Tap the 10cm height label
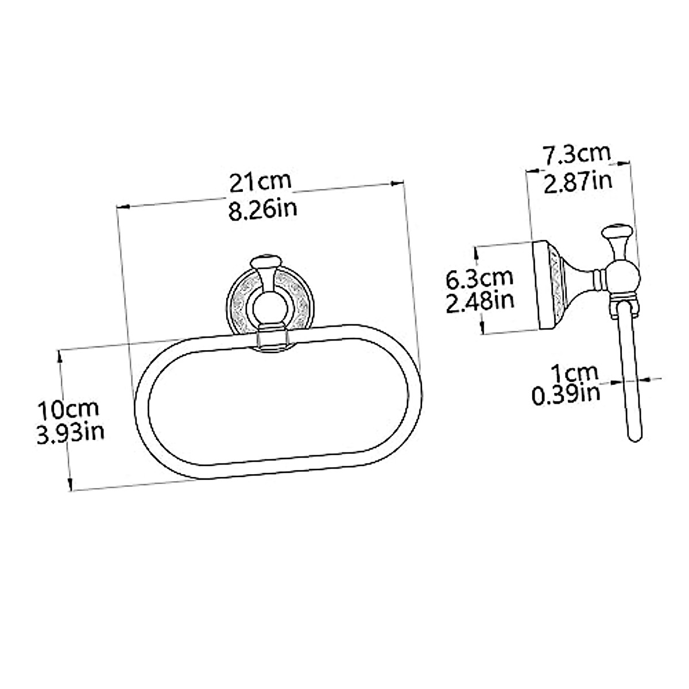68,409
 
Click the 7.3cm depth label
576,155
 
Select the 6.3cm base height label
479,278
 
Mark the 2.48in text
480,300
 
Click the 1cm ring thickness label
574,373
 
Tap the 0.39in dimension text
566,394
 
